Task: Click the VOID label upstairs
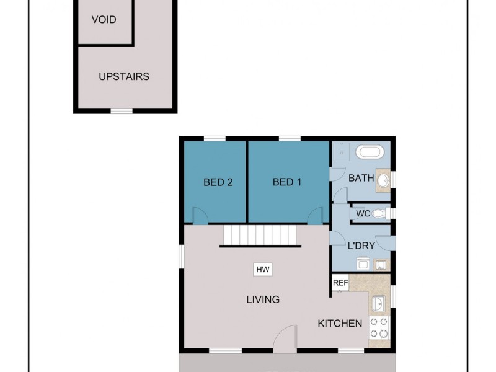pyautogui.click(x=104, y=19)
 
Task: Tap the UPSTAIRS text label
pyautogui.click(x=124, y=77)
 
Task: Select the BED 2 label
pyautogui.click(x=218, y=182)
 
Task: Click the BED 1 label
pyautogui.click(x=287, y=182)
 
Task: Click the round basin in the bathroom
pyautogui.click(x=383, y=180)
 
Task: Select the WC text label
pyautogui.click(x=363, y=213)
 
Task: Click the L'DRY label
pyautogui.click(x=361, y=246)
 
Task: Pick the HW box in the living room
pyautogui.click(x=263, y=270)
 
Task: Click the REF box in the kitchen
pyautogui.click(x=340, y=283)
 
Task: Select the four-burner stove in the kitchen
pyautogui.click(x=379, y=327)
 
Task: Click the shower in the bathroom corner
pyautogui.click(x=340, y=152)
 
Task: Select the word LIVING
pyautogui.click(x=263, y=299)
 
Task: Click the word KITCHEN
pyautogui.click(x=340, y=323)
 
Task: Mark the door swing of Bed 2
pyautogui.click(x=200, y=216)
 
